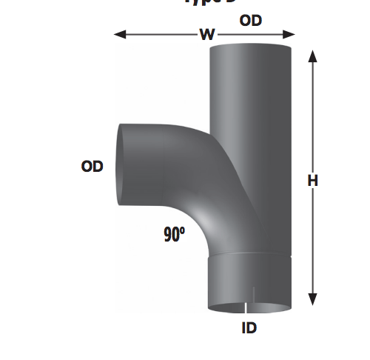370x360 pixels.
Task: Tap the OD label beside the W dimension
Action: coord(250,21)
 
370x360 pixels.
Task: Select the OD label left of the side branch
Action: coord(92,167)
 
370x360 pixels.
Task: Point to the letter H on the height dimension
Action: coord(313,181)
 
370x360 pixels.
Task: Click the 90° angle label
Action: coord(175,236)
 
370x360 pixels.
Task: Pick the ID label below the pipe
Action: coord(249,327)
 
